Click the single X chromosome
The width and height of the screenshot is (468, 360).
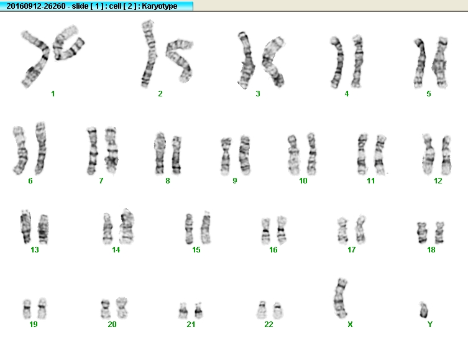pos(340,298)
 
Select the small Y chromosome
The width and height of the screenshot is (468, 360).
pos(423,310)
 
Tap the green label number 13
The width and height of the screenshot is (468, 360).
pos(35,249)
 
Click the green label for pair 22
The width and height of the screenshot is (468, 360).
pos(268,324)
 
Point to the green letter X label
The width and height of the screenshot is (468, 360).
pos(350,324)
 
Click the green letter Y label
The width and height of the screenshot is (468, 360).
pos(430,324)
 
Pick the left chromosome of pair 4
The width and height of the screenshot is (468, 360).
pos(337,62)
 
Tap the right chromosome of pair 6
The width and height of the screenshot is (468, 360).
pos(40,149)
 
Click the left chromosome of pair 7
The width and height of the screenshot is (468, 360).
pos(92,150)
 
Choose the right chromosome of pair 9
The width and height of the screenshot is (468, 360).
pos(245,155)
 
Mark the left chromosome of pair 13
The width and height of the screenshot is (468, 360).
pos(25,226)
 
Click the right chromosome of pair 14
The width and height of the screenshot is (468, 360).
pos(127,226)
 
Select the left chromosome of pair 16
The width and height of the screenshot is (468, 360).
pos(265,231)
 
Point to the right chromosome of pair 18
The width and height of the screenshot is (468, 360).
pos(439,233)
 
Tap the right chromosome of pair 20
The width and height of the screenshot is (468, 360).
pos(121,308)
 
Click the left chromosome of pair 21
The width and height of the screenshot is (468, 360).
pos(183,311)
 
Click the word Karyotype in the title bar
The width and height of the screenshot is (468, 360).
pos(160,6)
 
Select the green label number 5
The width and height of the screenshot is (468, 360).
pos(429,94)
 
